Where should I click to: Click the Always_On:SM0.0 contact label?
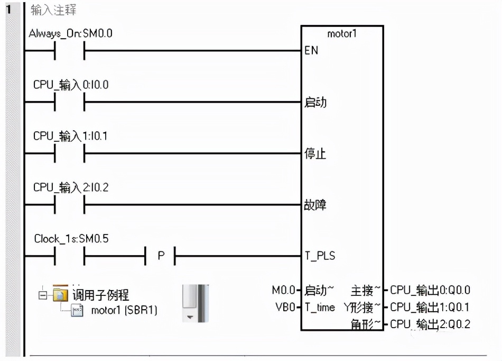pos(71,34)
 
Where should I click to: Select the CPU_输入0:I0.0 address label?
pos(71,85)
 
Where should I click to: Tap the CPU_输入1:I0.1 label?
pos(71,136)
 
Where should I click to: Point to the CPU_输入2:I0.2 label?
pos(71,187)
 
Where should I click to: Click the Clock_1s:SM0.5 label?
pos(71,239)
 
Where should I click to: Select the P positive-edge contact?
pos(161,256)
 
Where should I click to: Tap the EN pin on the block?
pos(311,51)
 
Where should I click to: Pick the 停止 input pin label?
pos(315,154)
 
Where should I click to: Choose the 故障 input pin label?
pos(315,205)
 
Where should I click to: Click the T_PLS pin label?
pos(320,256)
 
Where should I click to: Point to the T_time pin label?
pos(320,307)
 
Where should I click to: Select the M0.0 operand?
pos(284,290)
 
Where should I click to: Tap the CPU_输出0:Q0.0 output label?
pos(430,290)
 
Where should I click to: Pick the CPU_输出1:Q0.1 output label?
pos(430,307)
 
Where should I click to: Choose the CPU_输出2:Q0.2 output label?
pos(430,324)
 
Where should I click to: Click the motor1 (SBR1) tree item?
pos(124,310)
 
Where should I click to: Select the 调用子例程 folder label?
pos(100,295)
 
